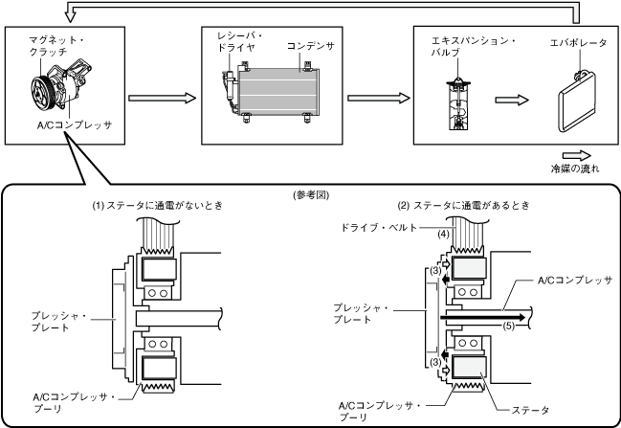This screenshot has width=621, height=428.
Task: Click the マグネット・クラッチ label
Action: click(x=56, y=46)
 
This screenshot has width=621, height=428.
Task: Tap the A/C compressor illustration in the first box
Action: click(x=61, y=88)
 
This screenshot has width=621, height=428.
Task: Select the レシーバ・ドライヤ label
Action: click(x=239, y=41)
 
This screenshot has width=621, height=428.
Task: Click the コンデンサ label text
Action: click(x=310, y=46)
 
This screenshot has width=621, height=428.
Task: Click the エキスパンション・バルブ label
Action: click(x=473, y=46)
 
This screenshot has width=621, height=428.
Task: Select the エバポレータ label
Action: click(x=578, y=43)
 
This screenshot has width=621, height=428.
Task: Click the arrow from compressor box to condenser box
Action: click(x=163, y=98)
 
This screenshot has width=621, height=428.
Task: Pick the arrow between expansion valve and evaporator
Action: click(x=512, y=100)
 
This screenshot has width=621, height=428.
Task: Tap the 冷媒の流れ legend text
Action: click(x=575, y=169)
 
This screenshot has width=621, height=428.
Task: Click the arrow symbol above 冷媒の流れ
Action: click(x=577, y=156)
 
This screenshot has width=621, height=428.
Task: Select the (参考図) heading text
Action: click(x=311, y=195)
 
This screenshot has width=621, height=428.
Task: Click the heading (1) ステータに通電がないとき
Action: click(x=158, y=206)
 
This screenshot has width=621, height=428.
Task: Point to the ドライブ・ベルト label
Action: click(x=379, y=228)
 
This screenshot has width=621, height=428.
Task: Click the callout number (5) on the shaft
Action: click(x=509, y=327)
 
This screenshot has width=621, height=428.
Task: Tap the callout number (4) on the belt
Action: click(x=444, y=235)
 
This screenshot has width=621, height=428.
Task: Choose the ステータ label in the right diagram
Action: click(x=531, y=410)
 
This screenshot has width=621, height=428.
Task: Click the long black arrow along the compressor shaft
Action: click(x=483, y=318)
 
